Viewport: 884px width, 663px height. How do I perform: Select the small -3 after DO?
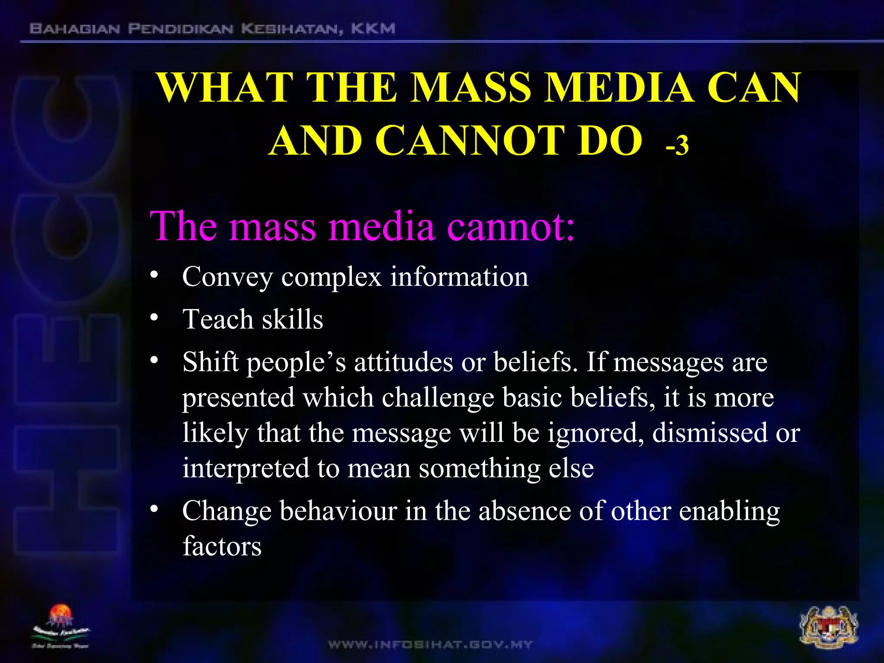(x=676, y=145)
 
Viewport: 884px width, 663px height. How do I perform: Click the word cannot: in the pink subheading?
(x=511, y=227)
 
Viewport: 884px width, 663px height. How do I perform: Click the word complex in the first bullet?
(x=331, y=277)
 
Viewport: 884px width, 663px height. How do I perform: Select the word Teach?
(x=218, y=319)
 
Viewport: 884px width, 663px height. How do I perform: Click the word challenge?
(x=438, y=398)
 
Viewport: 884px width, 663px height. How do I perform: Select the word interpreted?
(x=246, y=469)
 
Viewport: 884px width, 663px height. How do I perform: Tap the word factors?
(x=222, y=546)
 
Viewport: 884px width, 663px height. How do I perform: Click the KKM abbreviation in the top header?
(x=373, y=29)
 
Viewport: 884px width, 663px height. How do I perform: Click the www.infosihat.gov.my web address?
(x=430, y=645)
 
